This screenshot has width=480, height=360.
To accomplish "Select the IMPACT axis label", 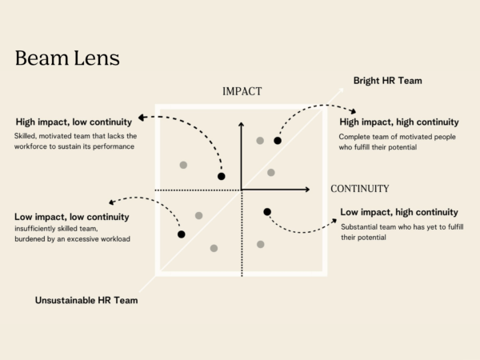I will click(x=242, y=92).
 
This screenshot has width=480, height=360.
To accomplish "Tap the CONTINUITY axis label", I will click(x=359, y=189).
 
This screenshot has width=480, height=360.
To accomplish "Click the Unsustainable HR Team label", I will click(x=86, y=301).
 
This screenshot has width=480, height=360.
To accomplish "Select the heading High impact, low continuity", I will click(x=73, y=122).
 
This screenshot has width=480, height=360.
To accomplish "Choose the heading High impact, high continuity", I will click(x=399, y=122).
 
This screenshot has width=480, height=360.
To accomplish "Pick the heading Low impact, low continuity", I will click(x=72, y=217).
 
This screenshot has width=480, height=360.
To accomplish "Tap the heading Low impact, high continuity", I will click(x=399, y=212).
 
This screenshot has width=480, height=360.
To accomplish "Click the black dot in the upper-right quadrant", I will click(x=278, y=141).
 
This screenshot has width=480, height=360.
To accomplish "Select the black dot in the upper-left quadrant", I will click(x=222, y=176).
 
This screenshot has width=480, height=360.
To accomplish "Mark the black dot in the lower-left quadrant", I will click(x=182, y=234).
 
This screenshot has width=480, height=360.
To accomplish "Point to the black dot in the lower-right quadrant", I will click(x=267, y=211).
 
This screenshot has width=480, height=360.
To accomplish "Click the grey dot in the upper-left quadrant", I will click(x=183, y=165).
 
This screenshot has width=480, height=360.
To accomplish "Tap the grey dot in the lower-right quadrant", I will click(x=260, y=244).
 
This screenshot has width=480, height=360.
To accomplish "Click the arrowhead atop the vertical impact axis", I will click(x=242, y=125).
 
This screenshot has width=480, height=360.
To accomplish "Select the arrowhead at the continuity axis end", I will click(x=306, y=190).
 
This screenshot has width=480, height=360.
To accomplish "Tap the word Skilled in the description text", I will click(x=28, y=136).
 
